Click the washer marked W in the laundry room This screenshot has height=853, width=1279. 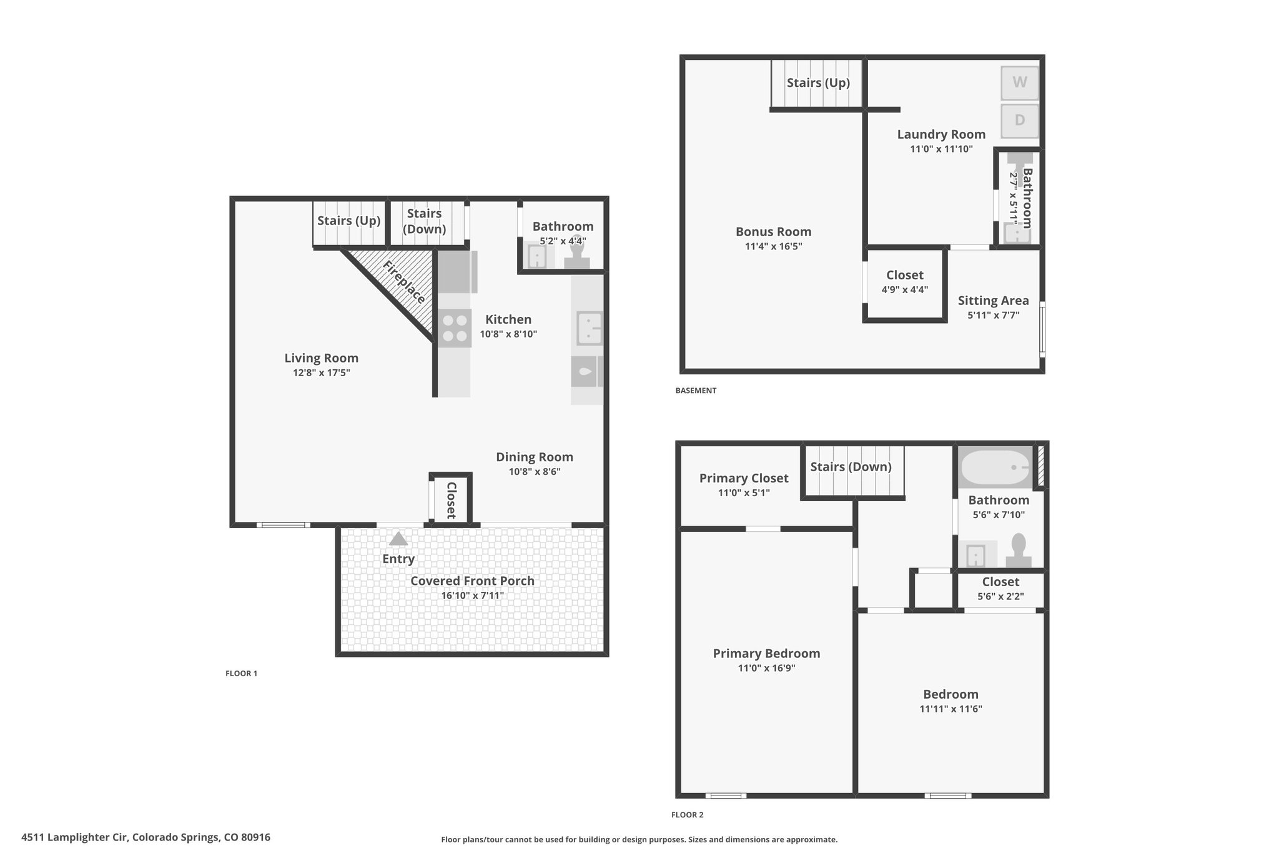[1019, 82]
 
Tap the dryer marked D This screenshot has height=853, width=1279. [1019, 120]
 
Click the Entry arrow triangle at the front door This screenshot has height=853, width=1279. [398, 539]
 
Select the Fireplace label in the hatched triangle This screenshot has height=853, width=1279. [404, 282]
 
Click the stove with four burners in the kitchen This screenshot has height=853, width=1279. [454, 328]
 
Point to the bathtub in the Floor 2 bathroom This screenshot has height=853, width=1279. [995, 467]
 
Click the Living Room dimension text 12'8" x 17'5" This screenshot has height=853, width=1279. [321, 373]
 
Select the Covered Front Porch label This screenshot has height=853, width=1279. [472, 581]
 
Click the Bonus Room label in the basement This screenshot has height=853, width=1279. [773, 232]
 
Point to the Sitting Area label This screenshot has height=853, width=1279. [993, 301]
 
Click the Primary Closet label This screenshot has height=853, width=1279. [744, 478]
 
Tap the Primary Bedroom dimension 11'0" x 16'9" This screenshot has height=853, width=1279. [766, 668]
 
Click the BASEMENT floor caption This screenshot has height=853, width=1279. [696, 391]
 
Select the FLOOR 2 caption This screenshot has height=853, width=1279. [687, 815]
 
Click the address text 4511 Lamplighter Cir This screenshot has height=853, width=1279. [75, 837]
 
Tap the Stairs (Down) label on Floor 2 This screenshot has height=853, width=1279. [851, 467]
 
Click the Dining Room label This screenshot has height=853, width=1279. [535, 457]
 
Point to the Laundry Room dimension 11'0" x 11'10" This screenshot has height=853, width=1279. [941, 149]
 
